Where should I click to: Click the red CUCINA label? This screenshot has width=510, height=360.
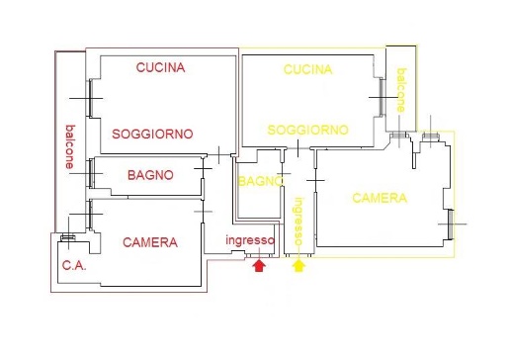(x=161, y=67)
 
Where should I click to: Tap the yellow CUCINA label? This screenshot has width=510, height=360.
(x=307, y=69)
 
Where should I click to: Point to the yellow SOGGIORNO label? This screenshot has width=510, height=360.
(x=307, y=130)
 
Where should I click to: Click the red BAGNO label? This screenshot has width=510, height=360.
(x=150, y=175)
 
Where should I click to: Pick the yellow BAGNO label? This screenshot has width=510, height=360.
(x=260, y=181)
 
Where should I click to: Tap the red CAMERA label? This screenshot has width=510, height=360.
(x=149, y=242)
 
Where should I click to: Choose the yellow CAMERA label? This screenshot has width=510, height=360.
(x=380, y=198)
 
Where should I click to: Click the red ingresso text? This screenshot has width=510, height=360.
(x=249, y=241)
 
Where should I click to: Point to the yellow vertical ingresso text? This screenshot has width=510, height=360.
(x=297, y=224)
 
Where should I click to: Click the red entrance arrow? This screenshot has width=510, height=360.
(x=259, y=264)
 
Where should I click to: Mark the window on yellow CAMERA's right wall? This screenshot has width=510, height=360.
(x=452, y=225)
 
